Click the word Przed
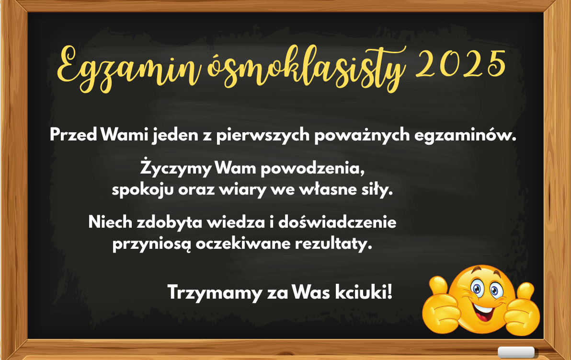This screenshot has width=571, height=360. (73, 135)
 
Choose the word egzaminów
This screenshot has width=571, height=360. (465, 135)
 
